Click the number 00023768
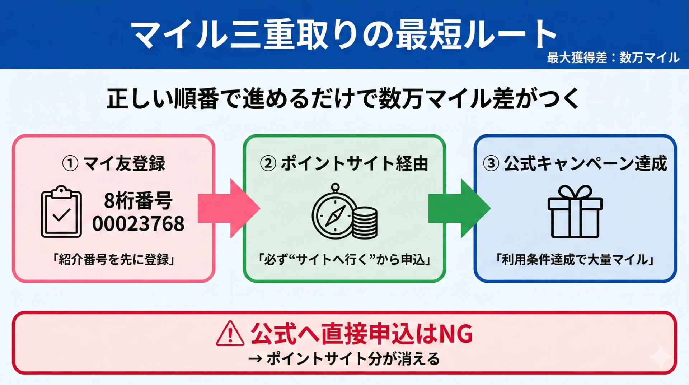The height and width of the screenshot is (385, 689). click(x=138, y=224)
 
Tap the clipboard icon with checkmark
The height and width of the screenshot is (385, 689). click(x=61, y=212)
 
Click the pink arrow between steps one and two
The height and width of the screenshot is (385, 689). click(x=228, y=208)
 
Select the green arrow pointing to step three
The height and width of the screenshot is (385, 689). click(x=459, y=208)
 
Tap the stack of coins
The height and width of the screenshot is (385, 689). click(x=365, y=222)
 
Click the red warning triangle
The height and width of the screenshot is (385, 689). click(x=230, y=334)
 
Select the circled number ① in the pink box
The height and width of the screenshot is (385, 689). click(x=70, y=163)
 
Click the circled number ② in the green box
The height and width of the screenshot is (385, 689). click(x=268, y=163)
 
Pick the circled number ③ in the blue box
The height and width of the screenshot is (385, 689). click(x=491, y=163)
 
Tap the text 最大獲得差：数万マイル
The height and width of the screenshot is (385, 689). click(x=613, y=57)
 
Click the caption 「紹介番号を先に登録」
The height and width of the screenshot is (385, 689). click(x=113, y=259)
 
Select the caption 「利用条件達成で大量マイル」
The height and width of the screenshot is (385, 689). click(x=575, y=259)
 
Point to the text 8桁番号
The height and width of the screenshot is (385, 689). click(x=138, y=200)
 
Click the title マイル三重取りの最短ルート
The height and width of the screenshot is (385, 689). click(x=344, y=34)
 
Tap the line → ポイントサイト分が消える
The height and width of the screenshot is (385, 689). click(x=344, y=359)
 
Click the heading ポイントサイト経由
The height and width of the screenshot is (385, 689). click(x=355, y=163)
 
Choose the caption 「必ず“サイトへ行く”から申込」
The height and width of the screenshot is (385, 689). click(x=344, y=259)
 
